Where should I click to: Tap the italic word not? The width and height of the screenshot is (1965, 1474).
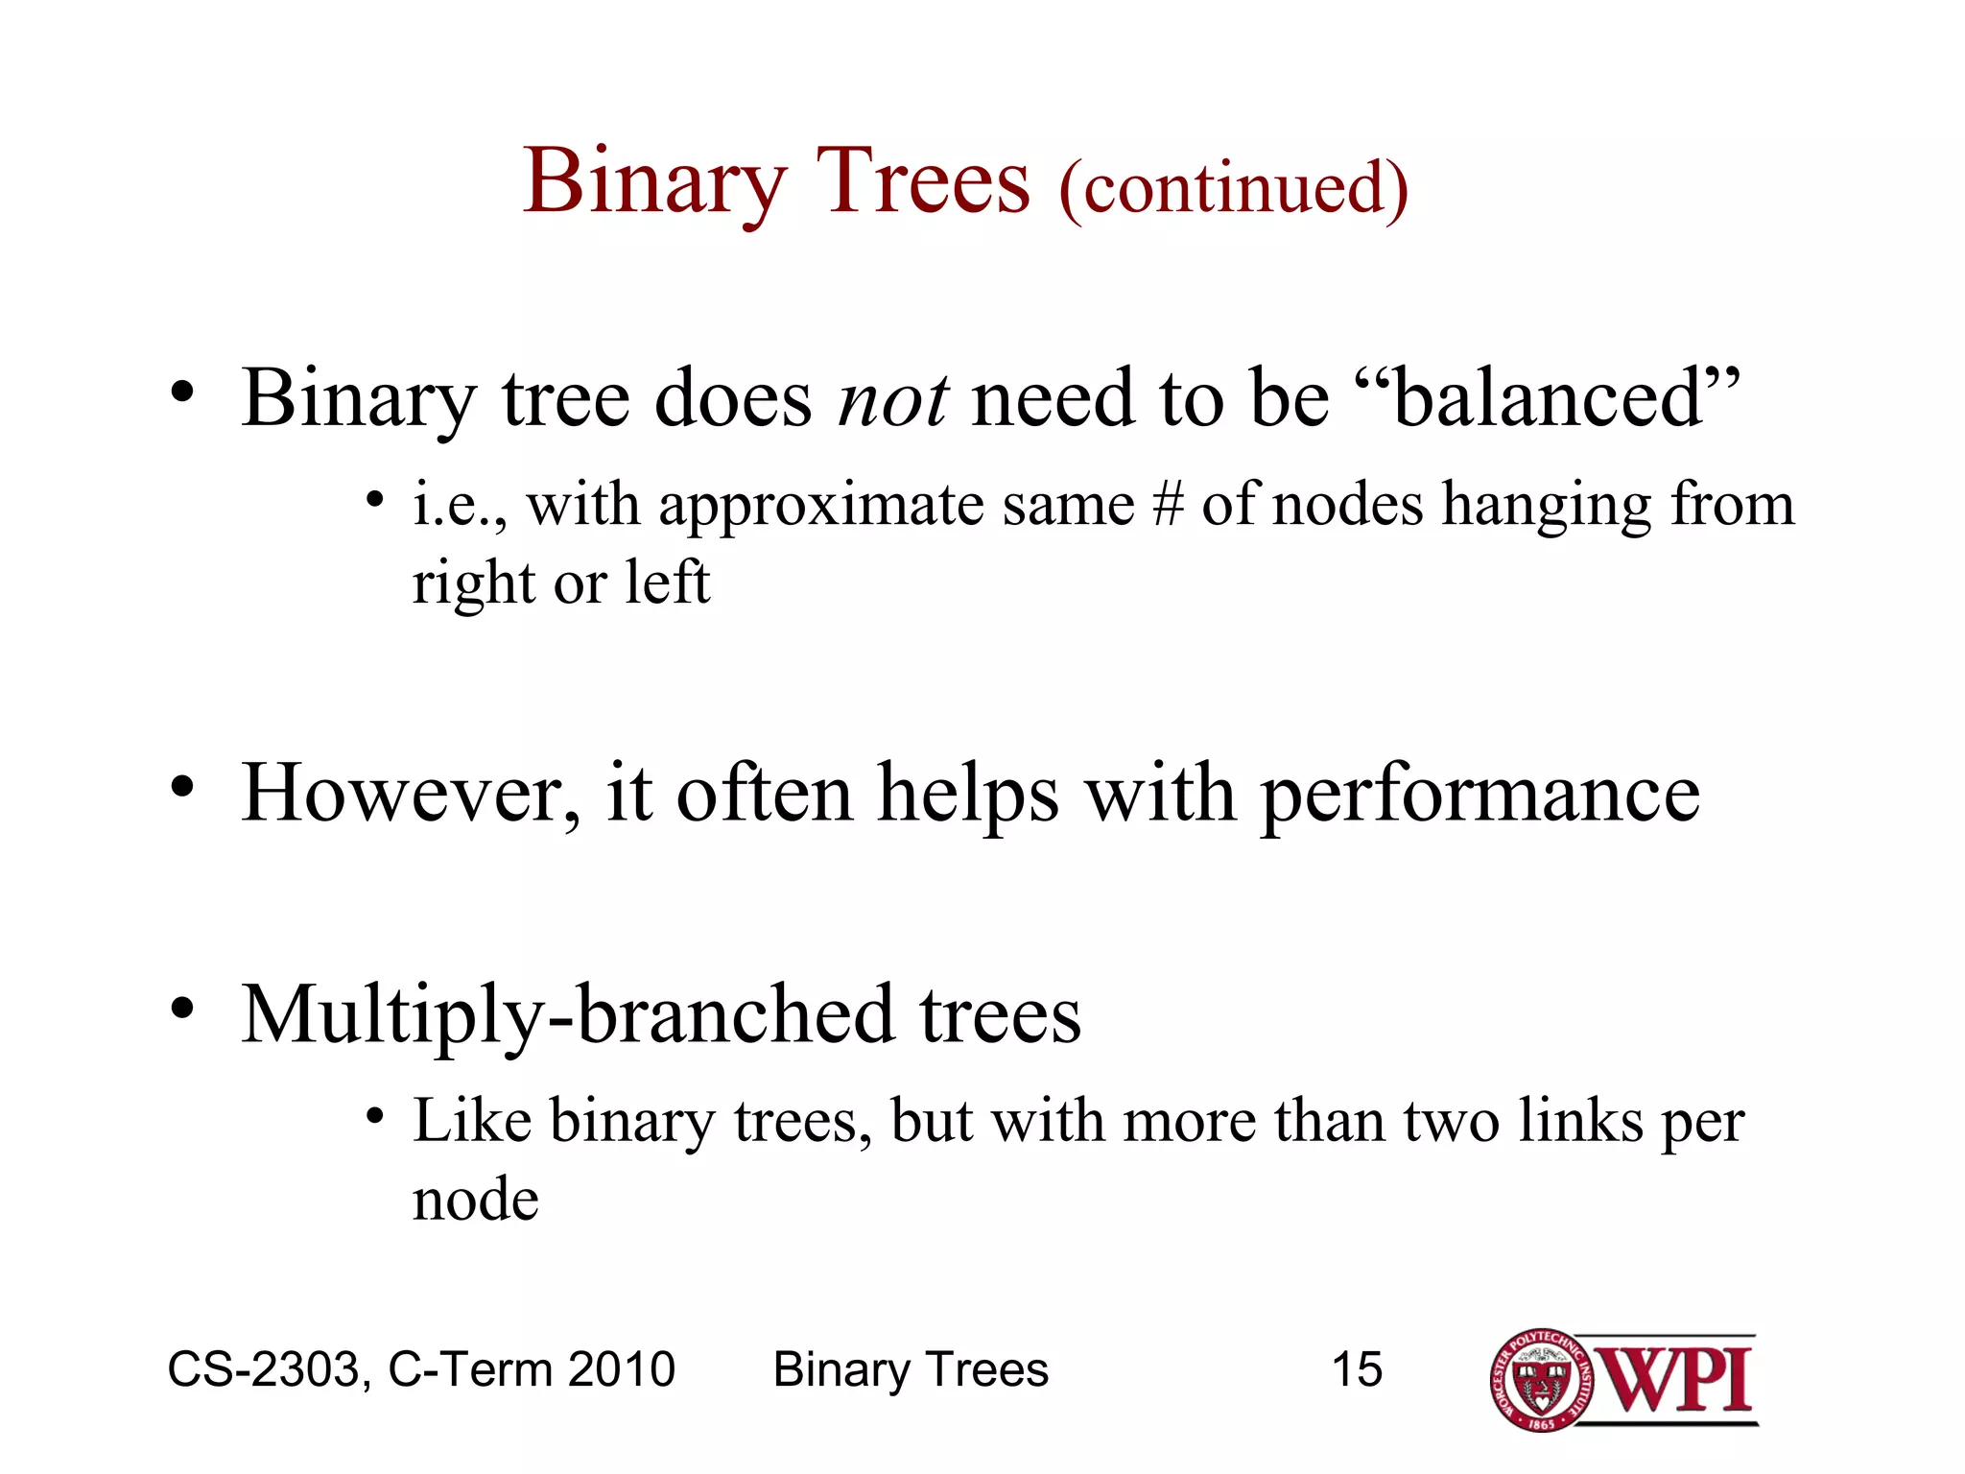click(893, 399)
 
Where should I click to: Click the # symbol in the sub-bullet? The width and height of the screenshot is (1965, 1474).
click(1168, 505)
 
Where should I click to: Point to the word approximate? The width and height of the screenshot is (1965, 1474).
click(821, 507)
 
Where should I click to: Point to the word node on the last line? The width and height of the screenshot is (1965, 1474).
click(475, 1201)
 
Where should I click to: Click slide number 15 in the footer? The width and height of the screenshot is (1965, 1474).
click(1357, 1368)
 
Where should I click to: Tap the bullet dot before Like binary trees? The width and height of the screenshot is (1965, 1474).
click(375, 1116)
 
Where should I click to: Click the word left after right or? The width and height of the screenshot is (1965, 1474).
click(667, 582)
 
